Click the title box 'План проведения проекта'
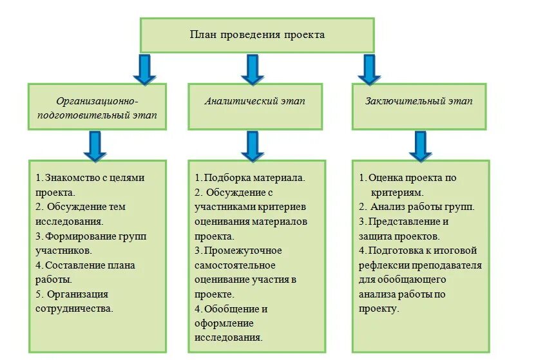(x=257, y=35)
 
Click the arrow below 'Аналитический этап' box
(x=253, y=146)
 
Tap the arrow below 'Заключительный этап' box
(x=420, y=146)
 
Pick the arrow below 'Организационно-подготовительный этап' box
(x=95, y=146)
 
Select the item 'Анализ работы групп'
(x=422, y=207)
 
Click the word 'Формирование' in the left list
(x=78, y=236)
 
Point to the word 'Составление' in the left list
(x=72, y=265)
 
